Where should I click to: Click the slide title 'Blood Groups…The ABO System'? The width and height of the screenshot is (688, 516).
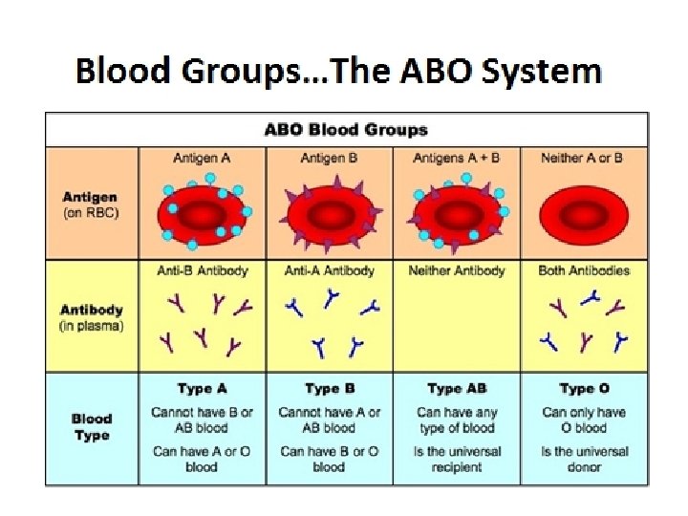(339, 73)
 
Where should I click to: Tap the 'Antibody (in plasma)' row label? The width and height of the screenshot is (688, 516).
(91, 317)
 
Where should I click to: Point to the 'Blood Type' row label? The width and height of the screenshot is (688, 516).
(91, 427)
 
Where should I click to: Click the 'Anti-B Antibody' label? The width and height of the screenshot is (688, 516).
(202, 270)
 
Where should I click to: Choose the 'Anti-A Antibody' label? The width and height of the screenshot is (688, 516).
(329, 270)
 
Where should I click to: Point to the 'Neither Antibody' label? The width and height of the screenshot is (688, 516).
(456, 270)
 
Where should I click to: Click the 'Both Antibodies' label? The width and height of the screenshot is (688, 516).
(583, 270)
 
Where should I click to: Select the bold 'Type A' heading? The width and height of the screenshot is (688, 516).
(202, 389)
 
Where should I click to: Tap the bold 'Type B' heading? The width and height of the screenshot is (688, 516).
(329, 389)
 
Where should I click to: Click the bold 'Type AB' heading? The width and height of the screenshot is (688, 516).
(457, 389)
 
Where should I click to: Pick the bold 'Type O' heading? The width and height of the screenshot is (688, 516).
(583, 389)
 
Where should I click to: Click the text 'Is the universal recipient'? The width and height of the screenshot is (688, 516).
(457, 459)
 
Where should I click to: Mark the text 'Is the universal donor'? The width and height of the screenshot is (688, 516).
(583, 459)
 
